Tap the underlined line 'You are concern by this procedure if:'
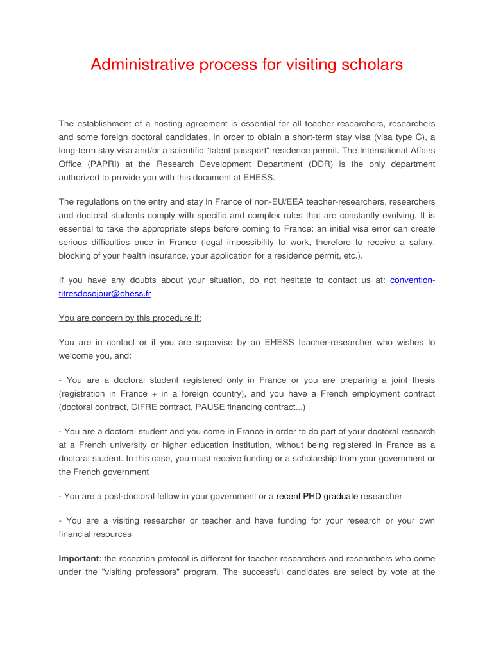click(x=130, y=318)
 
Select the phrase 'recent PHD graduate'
click(x=317, y=496)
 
